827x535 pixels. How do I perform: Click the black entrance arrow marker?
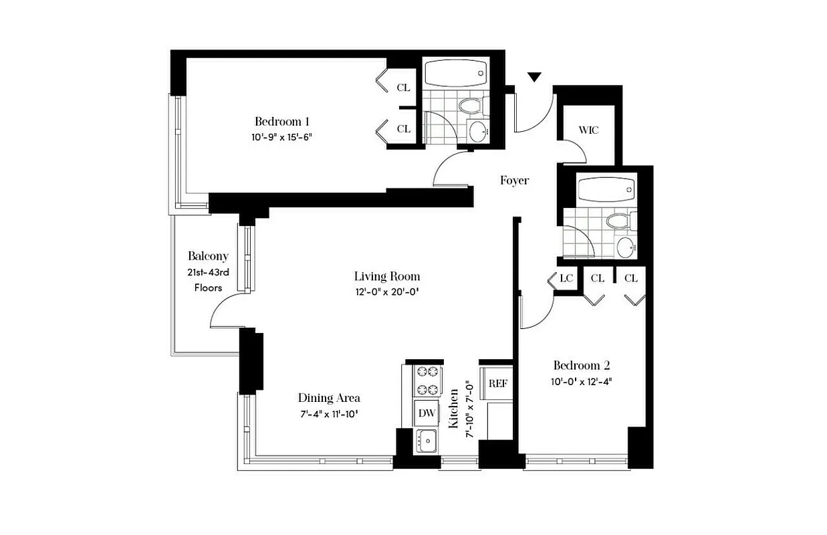tap(534, 77)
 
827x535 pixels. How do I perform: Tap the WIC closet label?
tap(588, 130)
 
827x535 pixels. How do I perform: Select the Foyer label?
tap(514, 181)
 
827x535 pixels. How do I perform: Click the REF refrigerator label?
tap(497, 383)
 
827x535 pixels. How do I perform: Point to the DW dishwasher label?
tap(427, 413)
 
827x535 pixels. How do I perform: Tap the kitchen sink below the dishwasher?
tap(426, 440)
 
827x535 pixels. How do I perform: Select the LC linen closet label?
tap(567, 278)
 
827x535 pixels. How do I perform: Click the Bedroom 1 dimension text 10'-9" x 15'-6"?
tap(282, 137)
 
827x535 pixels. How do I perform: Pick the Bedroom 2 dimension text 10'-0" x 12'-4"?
tap(581, 382)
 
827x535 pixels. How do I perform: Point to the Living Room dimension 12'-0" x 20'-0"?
tap(387, 292)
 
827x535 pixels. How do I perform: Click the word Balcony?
tap(208, 256)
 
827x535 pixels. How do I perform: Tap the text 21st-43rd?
tap(208, 273)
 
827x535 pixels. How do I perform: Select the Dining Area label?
tap(328, 398)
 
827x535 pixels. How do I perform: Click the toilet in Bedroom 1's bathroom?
tap(471, 105)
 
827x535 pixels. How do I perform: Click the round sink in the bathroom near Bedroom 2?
tap(627, 247)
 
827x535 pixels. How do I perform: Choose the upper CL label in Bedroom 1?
tap(403, 88)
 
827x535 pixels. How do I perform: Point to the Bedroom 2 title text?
tap(581, 366)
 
